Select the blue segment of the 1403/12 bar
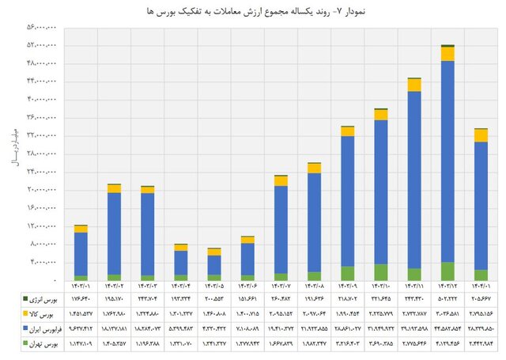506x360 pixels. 447,158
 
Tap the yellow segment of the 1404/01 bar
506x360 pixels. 481,135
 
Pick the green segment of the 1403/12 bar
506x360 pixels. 447,271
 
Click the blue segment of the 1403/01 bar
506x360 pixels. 81,253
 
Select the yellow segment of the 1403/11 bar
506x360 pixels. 414,85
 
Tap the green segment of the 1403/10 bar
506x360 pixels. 381,272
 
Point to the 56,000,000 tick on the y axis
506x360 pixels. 42,27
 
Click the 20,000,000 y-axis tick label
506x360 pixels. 42,190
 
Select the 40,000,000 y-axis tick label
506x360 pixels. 42,100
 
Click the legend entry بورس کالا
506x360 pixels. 43,313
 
